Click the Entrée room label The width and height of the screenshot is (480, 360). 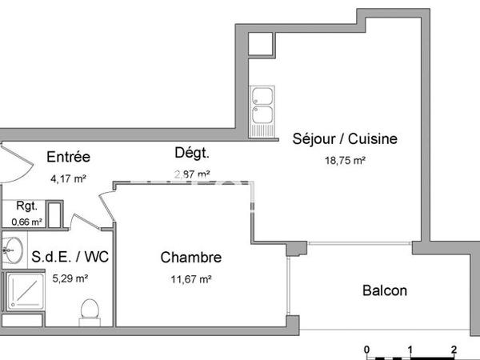[68, 157]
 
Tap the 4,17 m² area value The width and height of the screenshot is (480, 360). [68, 178]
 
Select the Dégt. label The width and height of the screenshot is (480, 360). [192, 153]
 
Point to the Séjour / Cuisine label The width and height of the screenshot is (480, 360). [345, 138]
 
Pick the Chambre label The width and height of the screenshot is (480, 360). [191, 258]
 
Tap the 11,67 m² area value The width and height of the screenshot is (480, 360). [190, 279]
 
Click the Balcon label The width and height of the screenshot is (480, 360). [385, 290]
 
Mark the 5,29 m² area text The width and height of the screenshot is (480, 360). [70, 279]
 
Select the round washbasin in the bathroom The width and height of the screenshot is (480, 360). [10, 250]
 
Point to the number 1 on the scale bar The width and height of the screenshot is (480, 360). [410, 350]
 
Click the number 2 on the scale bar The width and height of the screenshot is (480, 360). [454, 350]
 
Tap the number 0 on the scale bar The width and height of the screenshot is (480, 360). [366, 350]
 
